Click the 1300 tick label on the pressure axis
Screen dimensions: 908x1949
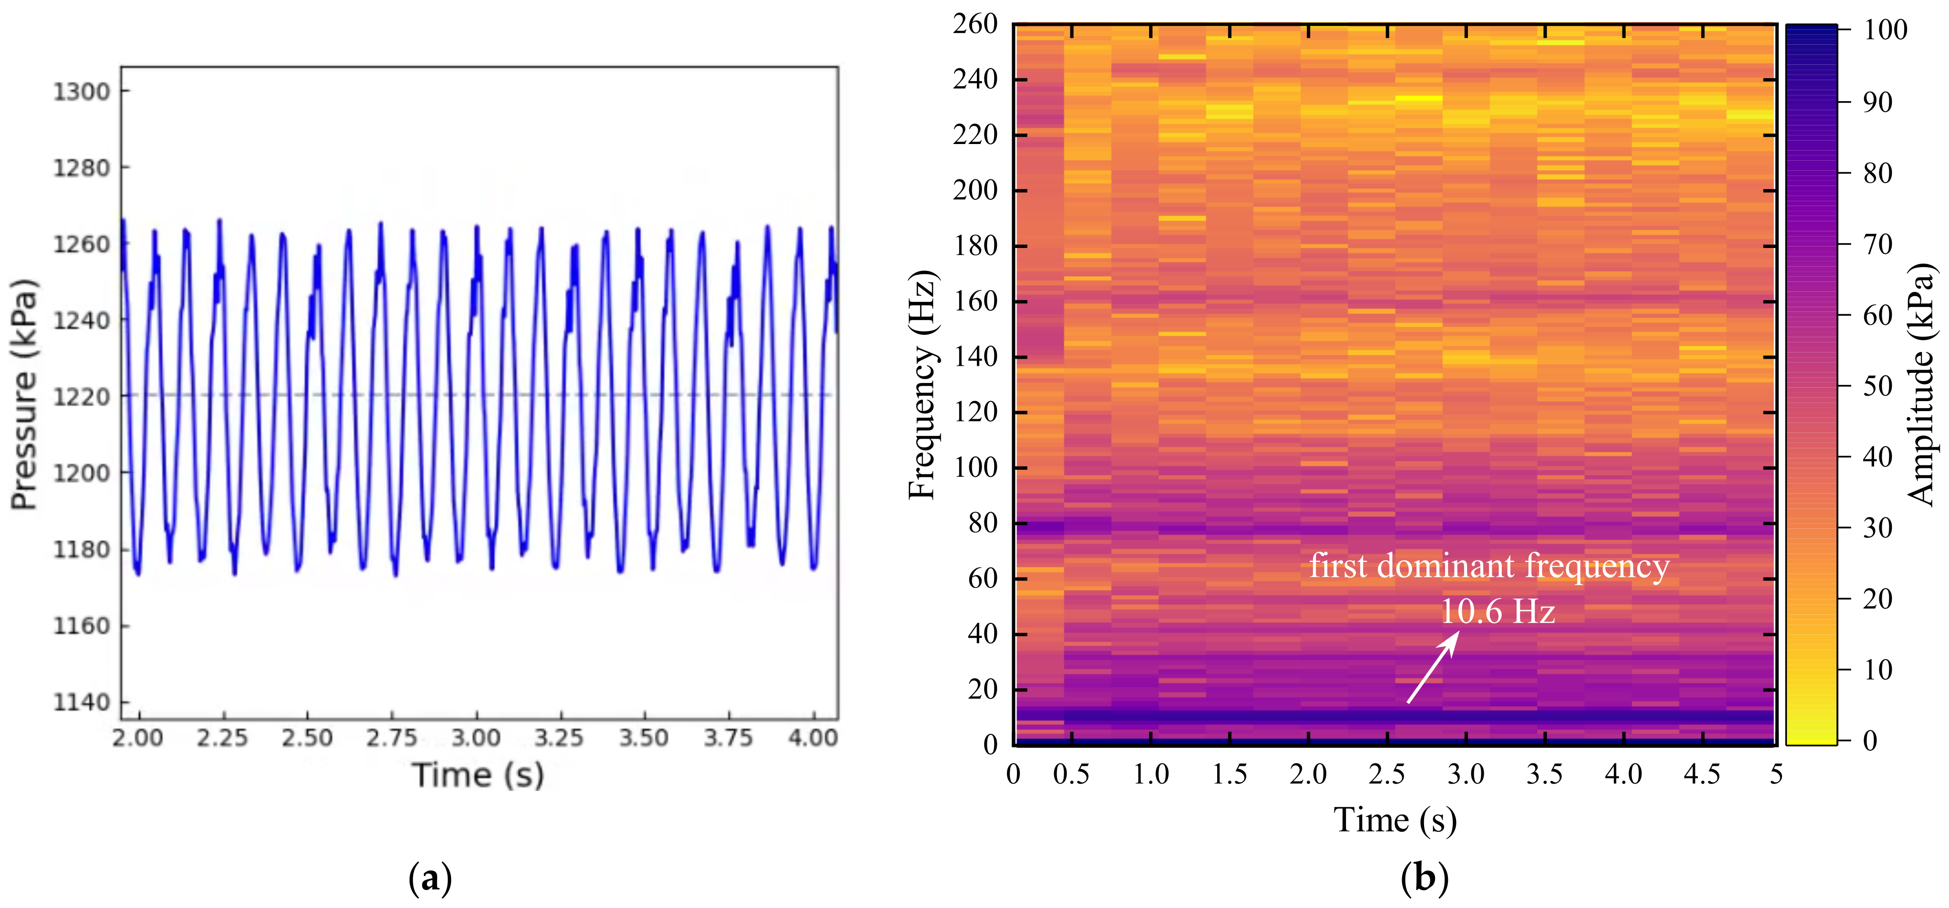coord(81,92)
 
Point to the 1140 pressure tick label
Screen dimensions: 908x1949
coord(81,702)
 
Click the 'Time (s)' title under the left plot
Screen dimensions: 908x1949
coord(477,775)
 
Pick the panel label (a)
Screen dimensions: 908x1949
coord(430,878)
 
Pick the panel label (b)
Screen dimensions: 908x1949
coord(1424,878)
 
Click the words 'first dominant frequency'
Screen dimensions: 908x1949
coord(1489,566)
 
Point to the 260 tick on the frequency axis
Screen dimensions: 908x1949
coord(975,24)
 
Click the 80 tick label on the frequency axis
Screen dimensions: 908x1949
coord(983,523)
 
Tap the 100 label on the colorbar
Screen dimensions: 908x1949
coord(1886,30)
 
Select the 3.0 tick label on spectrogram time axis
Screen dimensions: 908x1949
coord(1466,774)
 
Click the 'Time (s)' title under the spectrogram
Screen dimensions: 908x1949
coord(1395,820)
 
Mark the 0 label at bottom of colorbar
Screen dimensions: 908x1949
coord(1869,740)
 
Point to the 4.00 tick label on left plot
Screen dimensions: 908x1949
coord(812,738)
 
